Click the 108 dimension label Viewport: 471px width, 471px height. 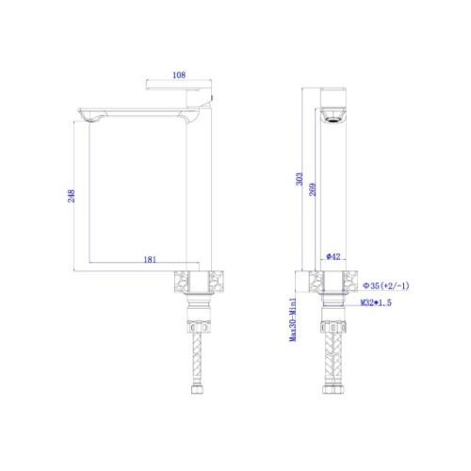pos(179,75)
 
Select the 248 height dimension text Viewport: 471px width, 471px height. pos(72,196)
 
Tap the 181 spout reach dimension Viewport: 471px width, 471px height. pos(150,260)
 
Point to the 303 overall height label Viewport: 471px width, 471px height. pos(300,179)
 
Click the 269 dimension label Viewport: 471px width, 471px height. pos(313,189)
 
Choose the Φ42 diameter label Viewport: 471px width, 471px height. pos(333,256)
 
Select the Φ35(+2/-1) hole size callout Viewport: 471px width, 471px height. pos(386,285)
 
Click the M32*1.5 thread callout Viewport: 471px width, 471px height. pos(376,303)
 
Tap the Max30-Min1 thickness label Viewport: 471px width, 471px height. pos(293,319)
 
